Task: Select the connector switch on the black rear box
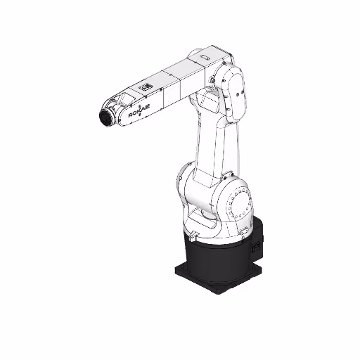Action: pyautogui.click(x=256, y=247)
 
